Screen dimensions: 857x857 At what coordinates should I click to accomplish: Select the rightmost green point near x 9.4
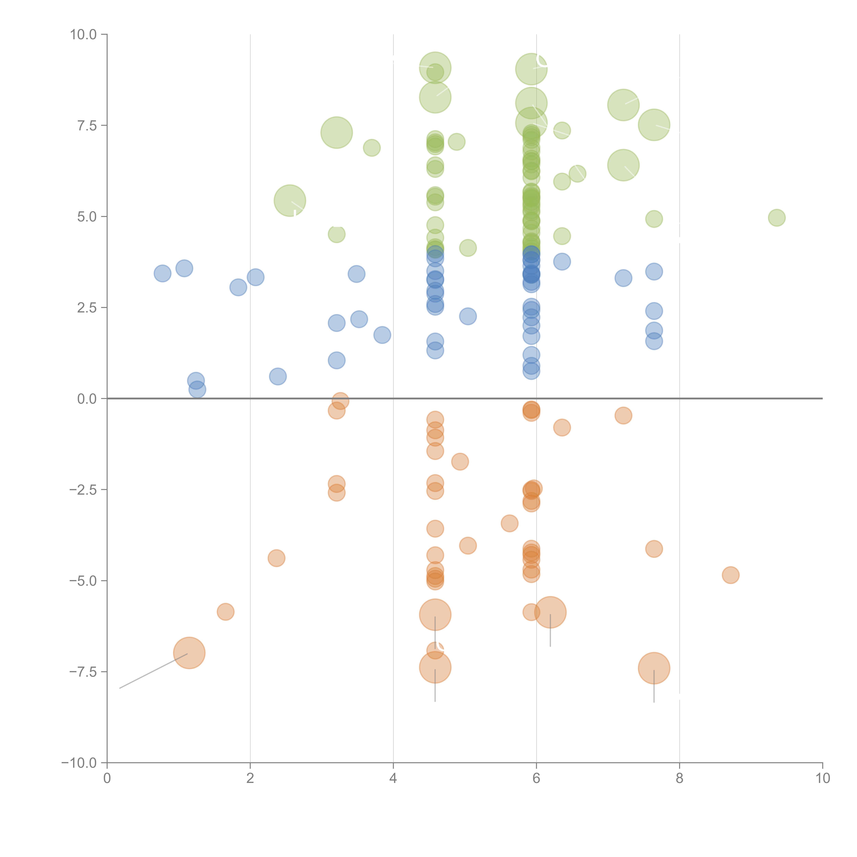(x=776, y=217)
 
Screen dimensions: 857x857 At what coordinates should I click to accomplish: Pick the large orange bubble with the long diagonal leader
(x=189, y=653)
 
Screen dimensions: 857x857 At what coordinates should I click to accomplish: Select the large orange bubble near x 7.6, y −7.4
(x=654, y=668)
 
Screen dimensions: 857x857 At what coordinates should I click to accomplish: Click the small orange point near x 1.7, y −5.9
(x=225, y=612)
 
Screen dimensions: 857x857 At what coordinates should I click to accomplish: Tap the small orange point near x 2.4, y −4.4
(x=276, y=558)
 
